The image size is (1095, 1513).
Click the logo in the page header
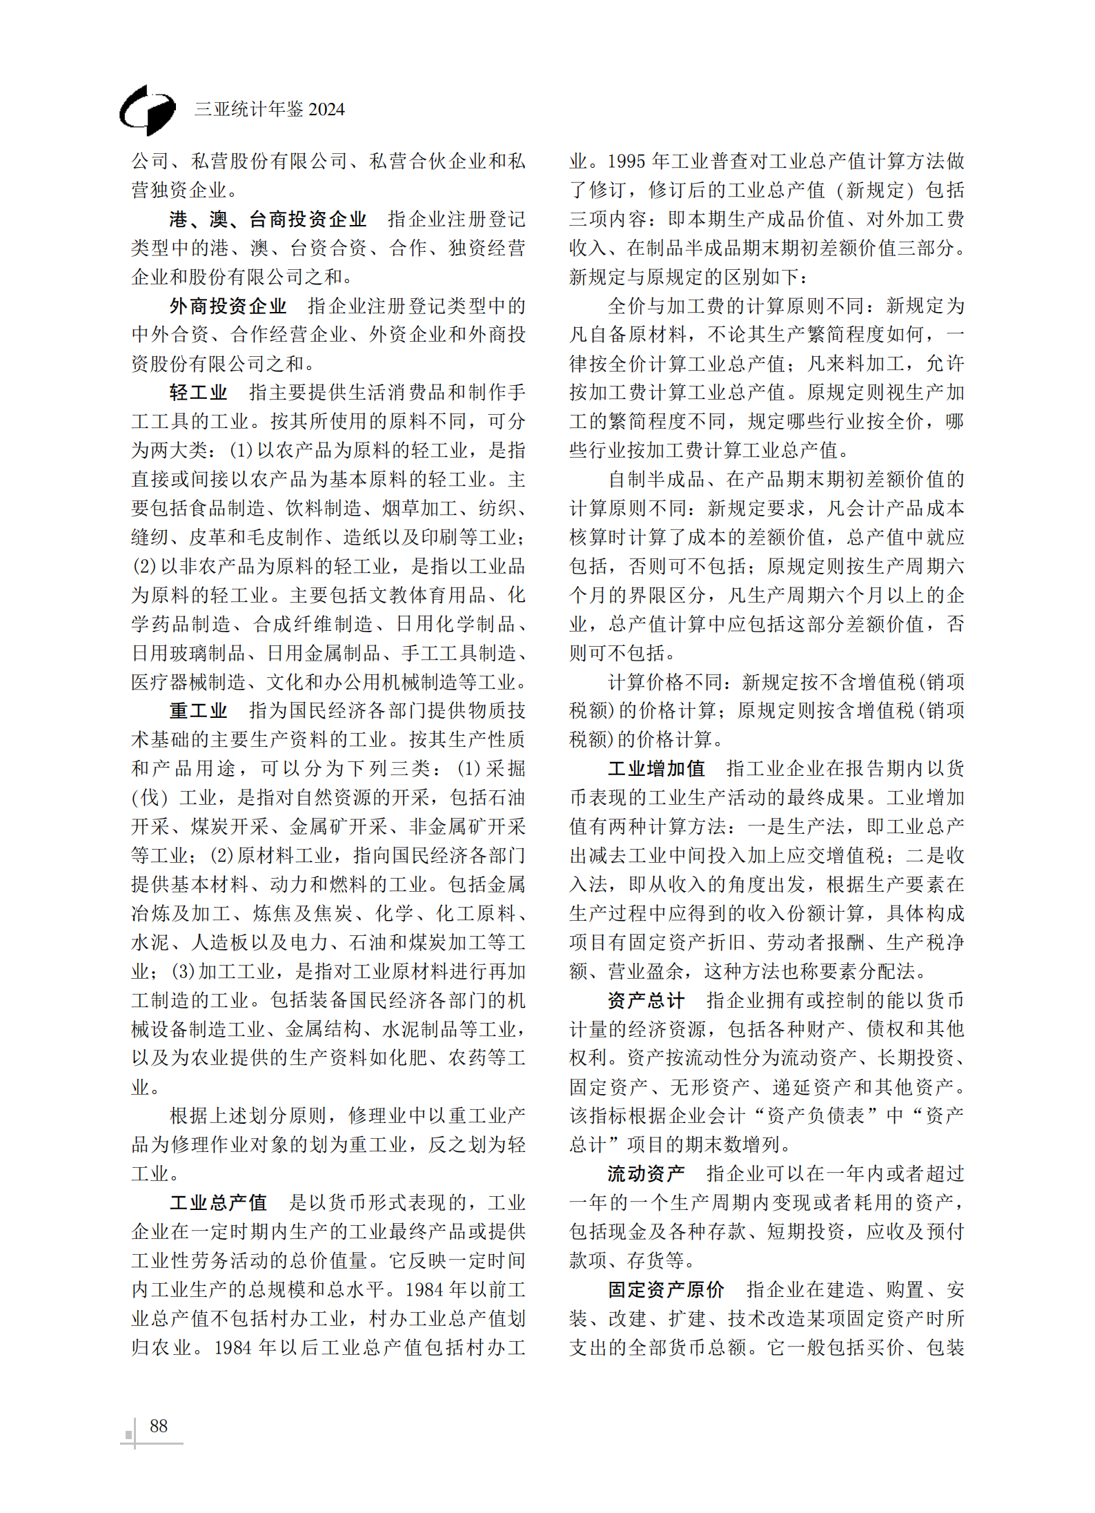(x=147, y=110)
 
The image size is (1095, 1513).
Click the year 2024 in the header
(x=326, y=109)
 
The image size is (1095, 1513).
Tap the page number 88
(x=159, y=1425)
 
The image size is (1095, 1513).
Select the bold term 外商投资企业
(x=228, y=306)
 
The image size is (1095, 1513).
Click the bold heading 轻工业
(x=199, y=393)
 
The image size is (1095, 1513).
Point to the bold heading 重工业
(x=199, y=710)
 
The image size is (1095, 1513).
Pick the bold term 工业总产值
(x=218, y=1202)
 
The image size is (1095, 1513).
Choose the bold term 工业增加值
(x=656, y=768)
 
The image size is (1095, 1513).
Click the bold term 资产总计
(x=647, y=1000)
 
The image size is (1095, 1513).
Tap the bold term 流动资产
(x=647, y=1173)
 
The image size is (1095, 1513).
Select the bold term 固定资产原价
(x=666, y=1289)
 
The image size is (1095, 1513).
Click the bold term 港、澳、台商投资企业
(x=268, y=219)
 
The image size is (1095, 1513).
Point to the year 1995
(x=627, y=162)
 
